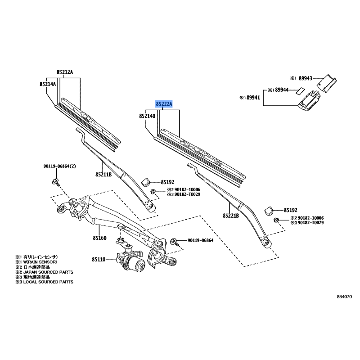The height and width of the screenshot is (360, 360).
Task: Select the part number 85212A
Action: [65, 72]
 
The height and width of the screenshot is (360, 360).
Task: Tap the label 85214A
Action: [47, 84]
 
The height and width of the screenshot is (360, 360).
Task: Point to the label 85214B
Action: [147, 116]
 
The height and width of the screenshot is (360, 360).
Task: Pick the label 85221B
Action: [230, 216]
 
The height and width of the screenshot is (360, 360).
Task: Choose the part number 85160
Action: [99, 237]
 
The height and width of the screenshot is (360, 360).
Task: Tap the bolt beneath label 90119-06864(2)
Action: [56, 182]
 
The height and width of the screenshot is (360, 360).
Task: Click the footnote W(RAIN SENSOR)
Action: [41, 262]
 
